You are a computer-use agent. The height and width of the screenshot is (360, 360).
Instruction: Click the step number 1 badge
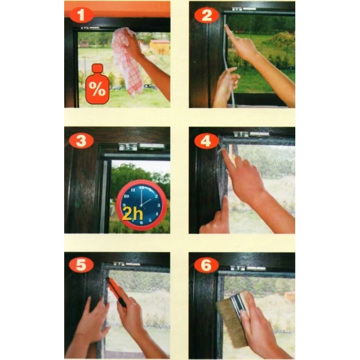81,15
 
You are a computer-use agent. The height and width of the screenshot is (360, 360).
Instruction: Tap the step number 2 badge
206,15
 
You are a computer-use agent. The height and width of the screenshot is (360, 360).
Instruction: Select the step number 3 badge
81,141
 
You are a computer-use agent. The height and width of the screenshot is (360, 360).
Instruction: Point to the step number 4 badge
206,141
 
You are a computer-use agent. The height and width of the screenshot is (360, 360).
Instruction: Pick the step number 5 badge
81,264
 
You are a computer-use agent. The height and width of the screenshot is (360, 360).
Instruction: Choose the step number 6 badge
206,265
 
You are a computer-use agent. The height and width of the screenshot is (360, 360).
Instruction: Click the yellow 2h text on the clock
133,214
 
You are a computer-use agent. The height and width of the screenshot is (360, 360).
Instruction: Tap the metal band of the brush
238,305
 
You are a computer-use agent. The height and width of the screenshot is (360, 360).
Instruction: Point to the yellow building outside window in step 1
160,47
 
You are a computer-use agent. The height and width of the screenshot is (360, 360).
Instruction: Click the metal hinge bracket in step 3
142,147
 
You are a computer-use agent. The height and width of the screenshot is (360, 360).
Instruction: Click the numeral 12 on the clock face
142,187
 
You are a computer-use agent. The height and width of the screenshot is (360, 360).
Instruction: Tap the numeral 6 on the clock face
141,223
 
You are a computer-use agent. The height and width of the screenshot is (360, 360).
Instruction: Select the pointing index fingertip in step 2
226,27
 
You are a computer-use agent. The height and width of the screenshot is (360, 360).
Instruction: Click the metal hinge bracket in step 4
251,134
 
